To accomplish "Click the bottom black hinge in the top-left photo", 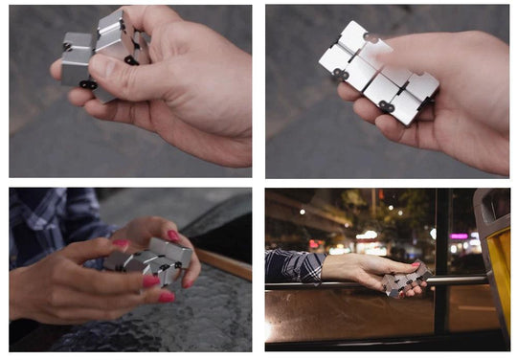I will click(88, 84).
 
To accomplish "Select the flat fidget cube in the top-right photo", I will click(378, 72).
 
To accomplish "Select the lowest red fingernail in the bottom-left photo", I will click(166, 297).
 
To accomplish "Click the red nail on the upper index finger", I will click(172, 236).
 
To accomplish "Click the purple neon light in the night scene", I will click(459, 236).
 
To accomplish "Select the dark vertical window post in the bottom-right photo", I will click(440, 259).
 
